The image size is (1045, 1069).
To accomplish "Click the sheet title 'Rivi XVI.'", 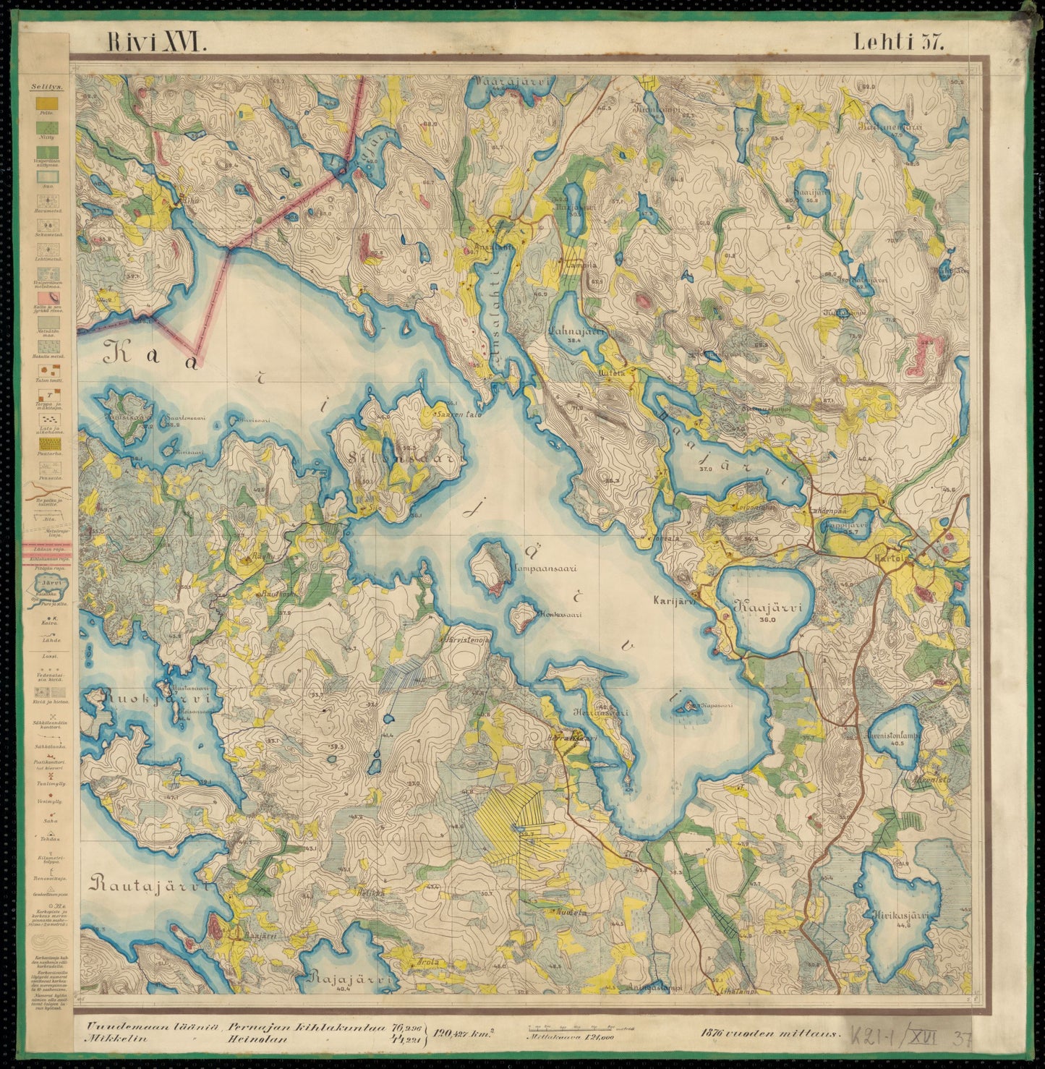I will coord(157,42).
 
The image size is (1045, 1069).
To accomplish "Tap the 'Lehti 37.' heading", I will coord(899,42).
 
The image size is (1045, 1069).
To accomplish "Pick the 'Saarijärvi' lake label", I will coord(810,195).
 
